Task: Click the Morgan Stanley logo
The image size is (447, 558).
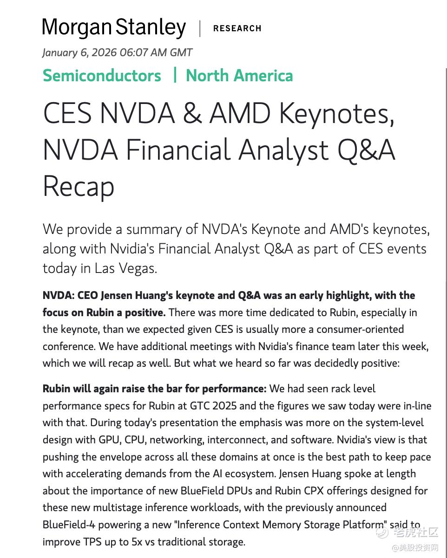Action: [114, 28]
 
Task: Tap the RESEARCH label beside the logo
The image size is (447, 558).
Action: [237, 28]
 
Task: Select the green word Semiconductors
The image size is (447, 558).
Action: [102, 76]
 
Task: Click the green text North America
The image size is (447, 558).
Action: [239, 76]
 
